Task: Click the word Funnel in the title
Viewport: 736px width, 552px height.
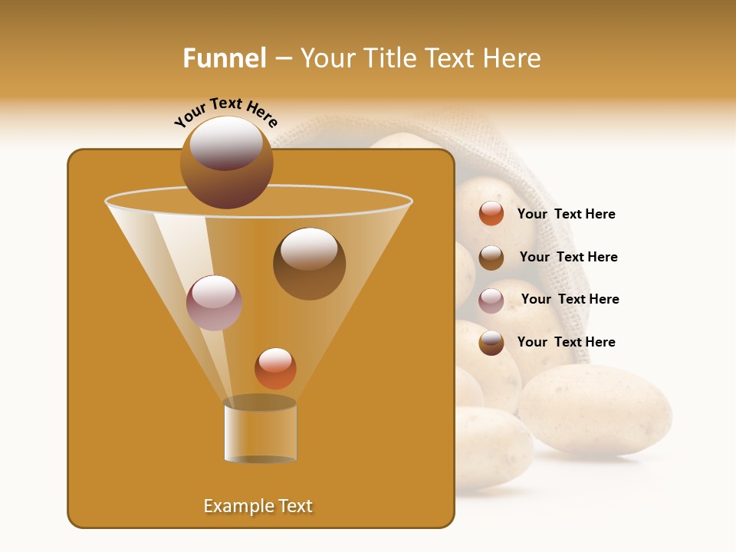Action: (x=225, y=58)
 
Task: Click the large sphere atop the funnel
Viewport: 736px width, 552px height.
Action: (x=227, y=162)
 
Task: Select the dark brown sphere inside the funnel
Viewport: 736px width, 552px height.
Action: (x=309, y=263)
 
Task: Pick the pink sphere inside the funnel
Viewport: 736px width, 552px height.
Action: (x=214, y=302)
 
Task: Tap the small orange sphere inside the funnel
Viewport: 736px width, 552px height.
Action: (x=275, y=369)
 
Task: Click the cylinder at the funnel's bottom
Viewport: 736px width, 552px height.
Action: (x=260, y=431)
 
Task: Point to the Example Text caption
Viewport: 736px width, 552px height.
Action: (x=258, y=506)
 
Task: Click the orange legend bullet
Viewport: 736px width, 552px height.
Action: (x=491, y=214)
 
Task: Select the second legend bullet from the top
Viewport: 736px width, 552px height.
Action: (x=491, y=258)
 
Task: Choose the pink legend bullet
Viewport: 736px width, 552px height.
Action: (x=491, y=301)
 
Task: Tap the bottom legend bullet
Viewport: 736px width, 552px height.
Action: (x=491, y=343)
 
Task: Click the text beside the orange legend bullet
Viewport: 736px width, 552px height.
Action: (x=566, y=215)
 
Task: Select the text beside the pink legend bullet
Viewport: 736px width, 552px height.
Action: (x=570, y=300)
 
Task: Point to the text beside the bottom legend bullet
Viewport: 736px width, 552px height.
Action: (x=566, y=342)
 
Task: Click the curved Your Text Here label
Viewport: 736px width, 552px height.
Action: (x=225, y=111)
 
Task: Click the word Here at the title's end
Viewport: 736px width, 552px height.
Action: (x=512, y=58)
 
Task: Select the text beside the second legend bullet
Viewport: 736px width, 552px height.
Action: (x=568, y=257)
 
